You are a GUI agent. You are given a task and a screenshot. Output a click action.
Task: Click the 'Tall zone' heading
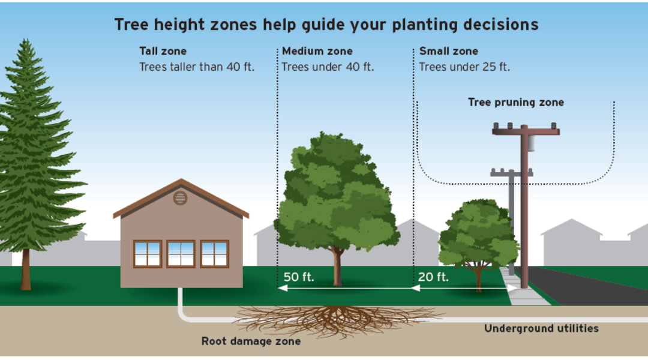[163, 51]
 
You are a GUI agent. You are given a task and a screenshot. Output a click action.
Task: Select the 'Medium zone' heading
[317, 51]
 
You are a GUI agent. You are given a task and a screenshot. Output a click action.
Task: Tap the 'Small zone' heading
[448, 51]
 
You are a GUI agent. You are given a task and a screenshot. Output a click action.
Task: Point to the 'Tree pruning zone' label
[516, 103]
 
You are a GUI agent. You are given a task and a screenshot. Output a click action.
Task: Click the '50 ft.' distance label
[298, 277]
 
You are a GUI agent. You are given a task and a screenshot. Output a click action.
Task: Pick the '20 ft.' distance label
[433, 277]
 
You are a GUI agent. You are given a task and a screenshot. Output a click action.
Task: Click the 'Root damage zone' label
[251, 341]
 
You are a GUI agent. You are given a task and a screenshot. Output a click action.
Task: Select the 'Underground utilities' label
[541, 329]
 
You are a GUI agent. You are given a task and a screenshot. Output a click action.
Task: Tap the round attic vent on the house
[180, 199]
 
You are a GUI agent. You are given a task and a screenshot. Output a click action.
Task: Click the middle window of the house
[181, 254]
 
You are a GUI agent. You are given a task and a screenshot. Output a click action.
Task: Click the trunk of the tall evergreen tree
[26, 269]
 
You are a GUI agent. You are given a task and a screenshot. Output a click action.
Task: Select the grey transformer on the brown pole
[531, 143]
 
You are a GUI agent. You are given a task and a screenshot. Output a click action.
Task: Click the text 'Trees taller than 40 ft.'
[197, 67]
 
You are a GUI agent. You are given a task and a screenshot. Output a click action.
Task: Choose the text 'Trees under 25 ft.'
[464, 67]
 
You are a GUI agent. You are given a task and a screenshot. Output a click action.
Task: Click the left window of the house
[147, 254]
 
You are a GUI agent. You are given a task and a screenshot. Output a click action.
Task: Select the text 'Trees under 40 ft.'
[328, 67]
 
